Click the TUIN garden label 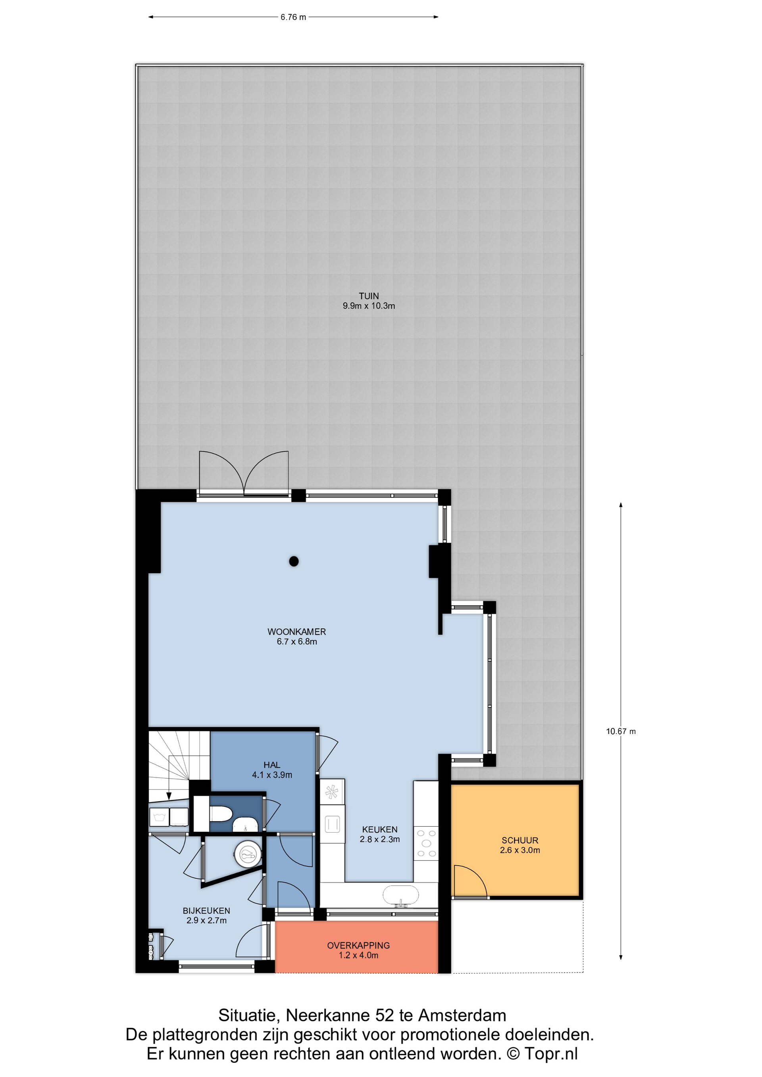[369, 296]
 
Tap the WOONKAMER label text [296, 632]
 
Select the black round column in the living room [294, 561]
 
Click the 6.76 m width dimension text [293, 17]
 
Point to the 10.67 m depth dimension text [621, 731]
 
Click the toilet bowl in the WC [221, 814]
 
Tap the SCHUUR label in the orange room [520, 840]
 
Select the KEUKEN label [379, 829]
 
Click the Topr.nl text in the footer [551, 1054]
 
